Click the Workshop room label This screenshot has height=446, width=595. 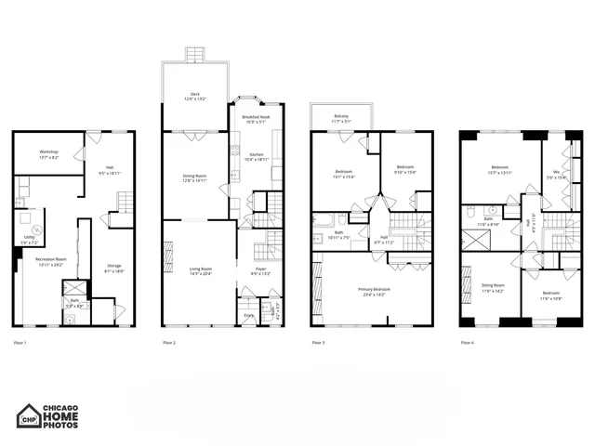pos(49,153)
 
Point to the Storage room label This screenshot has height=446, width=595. pos(112,268)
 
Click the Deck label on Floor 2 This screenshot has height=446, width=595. pos(195,95)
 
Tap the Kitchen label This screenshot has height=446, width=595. pos(256,156)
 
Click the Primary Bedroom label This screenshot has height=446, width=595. pos(375,291)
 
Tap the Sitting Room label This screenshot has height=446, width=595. pos(493,287)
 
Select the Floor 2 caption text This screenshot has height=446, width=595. pos(168,343)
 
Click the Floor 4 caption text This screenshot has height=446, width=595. pos(467,343)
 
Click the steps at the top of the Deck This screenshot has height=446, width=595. pos(195,55)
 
